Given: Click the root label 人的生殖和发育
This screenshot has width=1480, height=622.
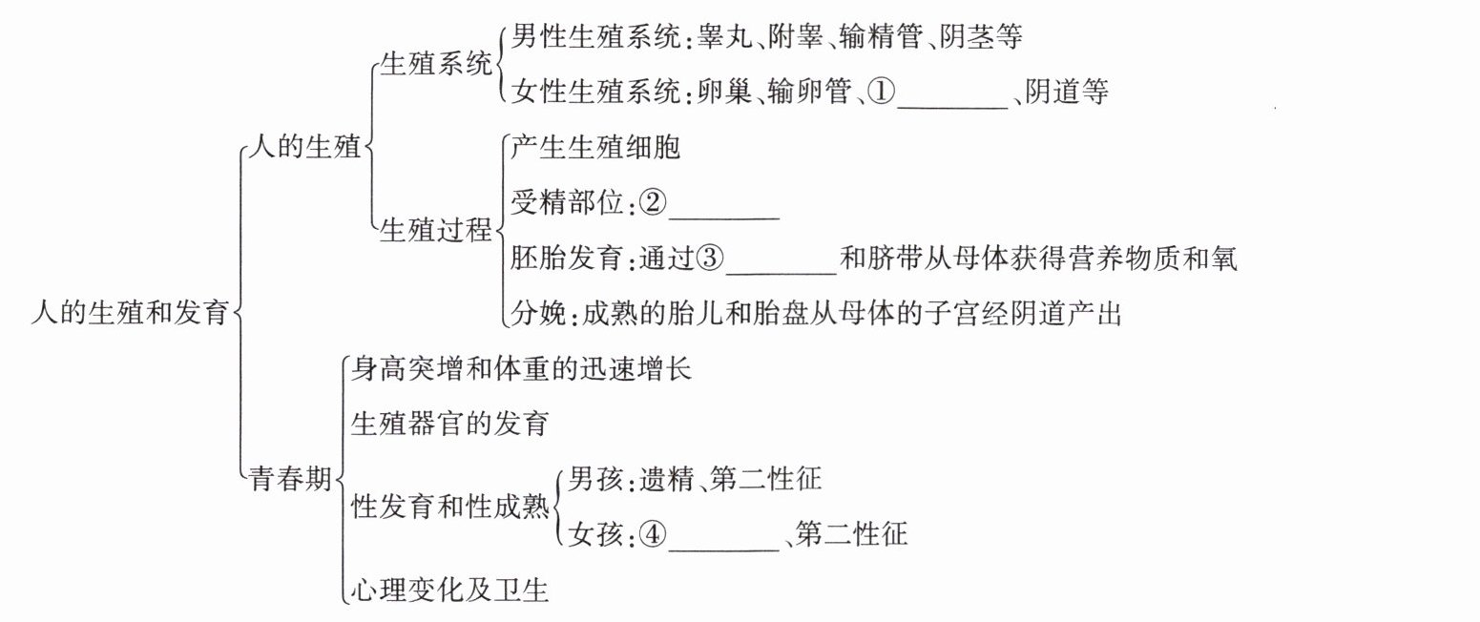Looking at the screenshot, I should tap(131, 312).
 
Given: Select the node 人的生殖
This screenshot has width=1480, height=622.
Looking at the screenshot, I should tap(304, 149).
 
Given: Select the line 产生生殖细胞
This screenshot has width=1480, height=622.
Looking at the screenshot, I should tap(595, 148).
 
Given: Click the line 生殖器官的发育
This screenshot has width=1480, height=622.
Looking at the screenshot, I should tap(450, 423).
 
